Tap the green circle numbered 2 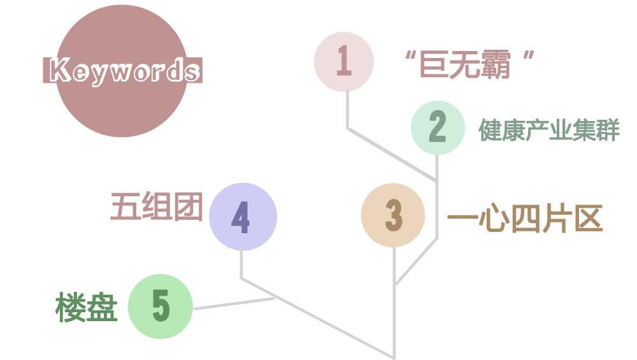click(437, 127)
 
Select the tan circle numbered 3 click(392, 215)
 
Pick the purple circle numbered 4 click(243, 217)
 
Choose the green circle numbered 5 click(161, 306)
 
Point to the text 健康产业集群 click(548, 129)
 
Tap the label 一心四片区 click(524, 219)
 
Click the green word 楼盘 click(86, 308)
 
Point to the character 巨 click(436, 63)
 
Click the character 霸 click(497, 63)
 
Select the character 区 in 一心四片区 click(587, 219)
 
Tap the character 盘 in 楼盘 click(102, 308)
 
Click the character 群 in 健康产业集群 click(608, 129)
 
